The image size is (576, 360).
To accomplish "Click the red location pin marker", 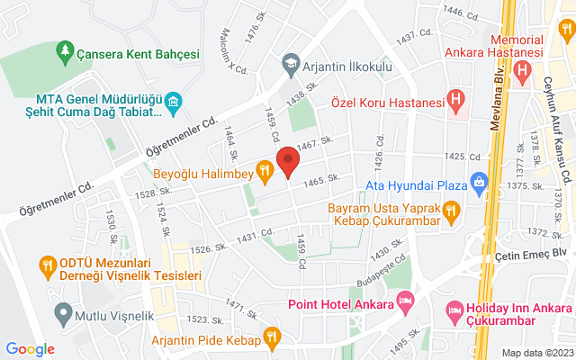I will coord(287,161).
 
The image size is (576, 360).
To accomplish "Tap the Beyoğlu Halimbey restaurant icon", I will coord(264,168).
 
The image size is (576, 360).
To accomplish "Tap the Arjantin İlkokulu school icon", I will coord(291,63).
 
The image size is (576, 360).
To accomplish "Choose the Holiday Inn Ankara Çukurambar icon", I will coord(455,312).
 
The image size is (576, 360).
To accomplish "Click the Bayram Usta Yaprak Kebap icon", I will coord(452,211).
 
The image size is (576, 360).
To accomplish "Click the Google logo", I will coord(30,349).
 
